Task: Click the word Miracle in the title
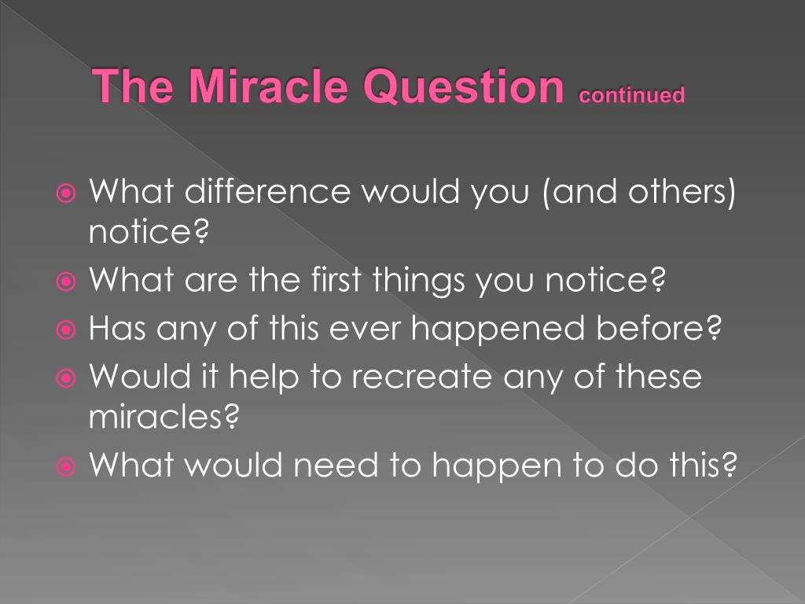click(x=269, y=85)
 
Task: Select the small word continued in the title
click(x=631, y=94)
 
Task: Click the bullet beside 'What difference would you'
click(x=66, y=193)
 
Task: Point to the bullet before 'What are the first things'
click(x=66, y=281)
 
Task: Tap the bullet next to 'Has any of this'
click(x=66, y=330)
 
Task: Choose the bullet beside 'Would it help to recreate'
click(x=66, y=378)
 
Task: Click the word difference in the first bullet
click(x=267, y=190)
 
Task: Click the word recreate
click(x=421, y=377)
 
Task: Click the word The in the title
click(x=133, y=85)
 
